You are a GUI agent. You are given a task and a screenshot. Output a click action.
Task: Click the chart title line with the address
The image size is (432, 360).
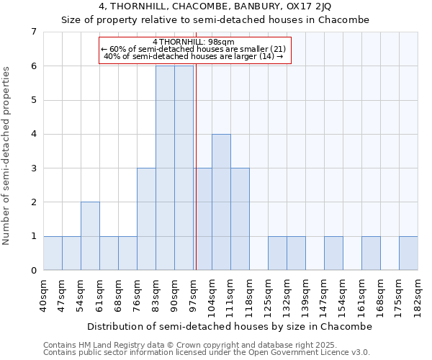pos(215,6)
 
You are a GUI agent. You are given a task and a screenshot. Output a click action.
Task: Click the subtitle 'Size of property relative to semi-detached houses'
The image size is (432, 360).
pos(215,20)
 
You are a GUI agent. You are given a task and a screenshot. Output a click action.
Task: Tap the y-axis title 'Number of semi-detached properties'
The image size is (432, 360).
pos(7,156)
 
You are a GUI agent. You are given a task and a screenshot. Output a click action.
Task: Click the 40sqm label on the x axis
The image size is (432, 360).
pos(43,296)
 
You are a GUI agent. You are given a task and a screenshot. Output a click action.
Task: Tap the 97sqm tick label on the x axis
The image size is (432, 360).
pos(193,296)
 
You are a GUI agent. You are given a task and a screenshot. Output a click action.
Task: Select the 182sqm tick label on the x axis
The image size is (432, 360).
pos(418,296)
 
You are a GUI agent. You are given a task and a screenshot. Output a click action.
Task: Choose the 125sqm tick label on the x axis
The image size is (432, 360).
pos(268,296)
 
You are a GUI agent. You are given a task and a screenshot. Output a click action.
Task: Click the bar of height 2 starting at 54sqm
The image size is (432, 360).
pos(90,236)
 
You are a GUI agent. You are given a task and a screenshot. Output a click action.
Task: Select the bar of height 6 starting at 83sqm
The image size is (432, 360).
pos(165,168)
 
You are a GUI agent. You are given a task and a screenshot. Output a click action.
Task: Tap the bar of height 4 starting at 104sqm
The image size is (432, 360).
pos(221,202)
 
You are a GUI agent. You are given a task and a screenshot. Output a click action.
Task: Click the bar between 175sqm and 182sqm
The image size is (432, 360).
pos(408,253)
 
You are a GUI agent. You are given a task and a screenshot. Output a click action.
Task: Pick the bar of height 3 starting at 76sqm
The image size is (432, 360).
pos(146,219)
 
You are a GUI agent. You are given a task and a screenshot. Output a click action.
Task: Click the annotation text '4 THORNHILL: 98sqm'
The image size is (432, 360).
pos(194,42)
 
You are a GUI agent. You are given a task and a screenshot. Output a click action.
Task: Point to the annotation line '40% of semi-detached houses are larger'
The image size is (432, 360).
pos(194,56)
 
